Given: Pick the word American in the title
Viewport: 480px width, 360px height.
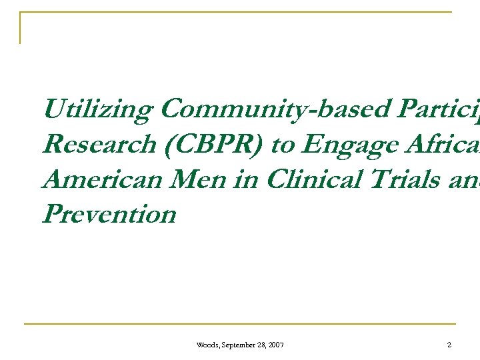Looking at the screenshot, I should click(x=96, y=179).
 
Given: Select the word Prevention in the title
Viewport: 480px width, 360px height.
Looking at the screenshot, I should click(x=109, y=214).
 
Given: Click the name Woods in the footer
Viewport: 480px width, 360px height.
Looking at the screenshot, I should click(x=205, y=345).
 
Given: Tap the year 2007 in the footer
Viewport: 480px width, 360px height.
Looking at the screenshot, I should click(x=276, y=345).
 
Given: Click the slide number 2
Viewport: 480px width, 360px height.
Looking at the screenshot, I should click(x=449, y=345).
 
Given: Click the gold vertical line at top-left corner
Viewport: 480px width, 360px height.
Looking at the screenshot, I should click(x=21, y=28).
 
